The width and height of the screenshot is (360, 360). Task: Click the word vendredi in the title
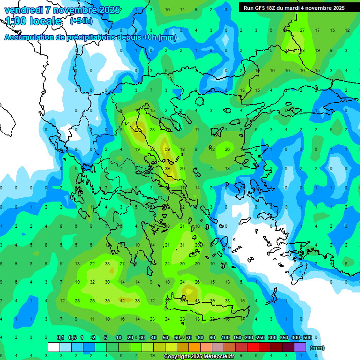point(23,10)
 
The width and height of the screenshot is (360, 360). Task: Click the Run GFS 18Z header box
point(294,7)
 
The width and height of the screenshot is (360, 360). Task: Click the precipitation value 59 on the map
point(167,149)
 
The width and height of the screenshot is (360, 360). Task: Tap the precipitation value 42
point(122,300)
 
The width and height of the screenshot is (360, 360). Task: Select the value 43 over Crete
point(197,300)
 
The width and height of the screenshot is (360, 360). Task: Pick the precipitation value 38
point(137,300)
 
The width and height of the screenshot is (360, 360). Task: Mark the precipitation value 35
point(107,300)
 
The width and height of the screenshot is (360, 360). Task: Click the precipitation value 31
point(182,245)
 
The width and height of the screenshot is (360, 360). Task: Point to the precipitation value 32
point(92,282)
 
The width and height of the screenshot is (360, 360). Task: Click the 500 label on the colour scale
point(307,337)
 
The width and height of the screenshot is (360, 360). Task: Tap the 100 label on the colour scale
point(225,337)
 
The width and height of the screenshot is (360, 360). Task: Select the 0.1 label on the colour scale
point(60,337)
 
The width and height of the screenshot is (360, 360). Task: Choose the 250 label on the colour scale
point(261,337)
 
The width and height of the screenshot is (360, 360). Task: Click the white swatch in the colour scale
point(54,347)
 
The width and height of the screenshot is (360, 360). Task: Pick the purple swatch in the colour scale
point(300,347)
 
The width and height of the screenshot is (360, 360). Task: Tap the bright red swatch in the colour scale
point(253,347)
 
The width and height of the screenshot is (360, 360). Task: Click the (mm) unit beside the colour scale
point(318,348)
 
